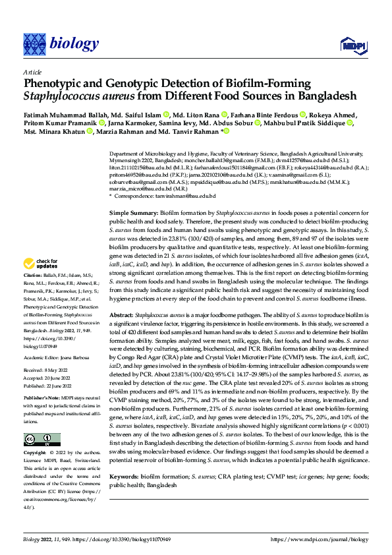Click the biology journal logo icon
[x=34, y=44]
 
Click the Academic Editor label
[x=42, y=357]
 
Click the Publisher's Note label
[x=42, y=399]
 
